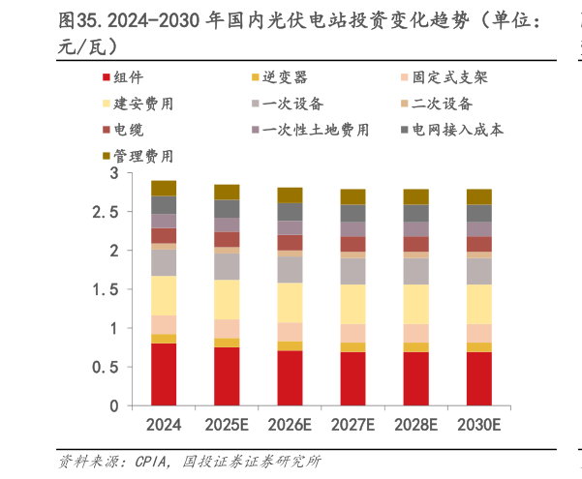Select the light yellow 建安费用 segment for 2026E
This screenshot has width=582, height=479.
coord(290,303)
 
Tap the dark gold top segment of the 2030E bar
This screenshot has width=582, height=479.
coord(479,196)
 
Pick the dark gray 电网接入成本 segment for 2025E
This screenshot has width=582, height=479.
coord(227,209)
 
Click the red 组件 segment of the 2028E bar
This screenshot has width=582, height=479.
coord(415,378)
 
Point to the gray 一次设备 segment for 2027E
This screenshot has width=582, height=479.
coord(352,271)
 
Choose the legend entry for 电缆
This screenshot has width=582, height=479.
coord(128,129)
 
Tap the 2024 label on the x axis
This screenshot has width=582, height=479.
coord(164,424)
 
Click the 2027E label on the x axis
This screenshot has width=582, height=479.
coord(352,424)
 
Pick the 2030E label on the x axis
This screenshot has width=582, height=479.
coord(479,424)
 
